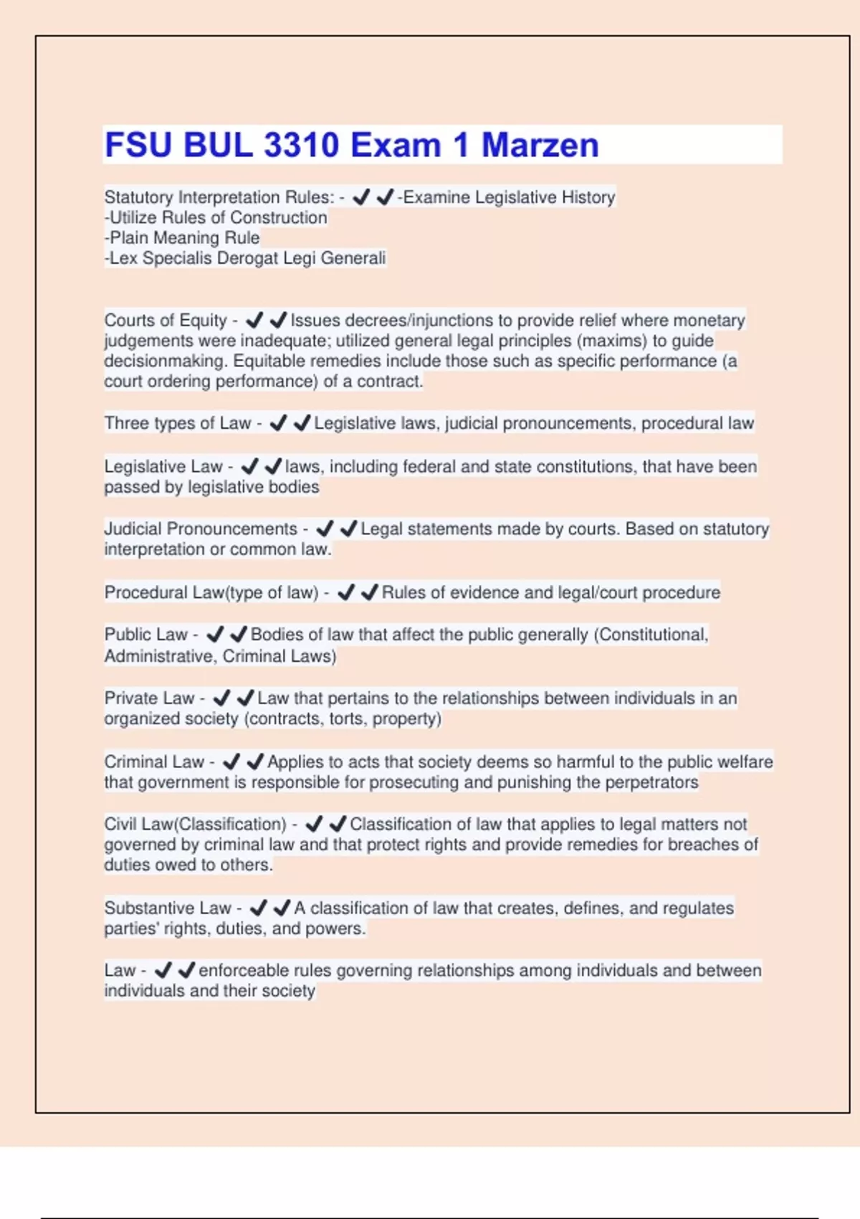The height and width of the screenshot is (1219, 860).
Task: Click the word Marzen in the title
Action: [x=540, y=145]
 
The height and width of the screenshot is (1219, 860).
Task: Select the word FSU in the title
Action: [x=140, y=145]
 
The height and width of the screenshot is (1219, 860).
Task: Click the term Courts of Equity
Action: [x=166, y=320]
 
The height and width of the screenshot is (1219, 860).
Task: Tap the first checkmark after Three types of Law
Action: [x=278, y=423]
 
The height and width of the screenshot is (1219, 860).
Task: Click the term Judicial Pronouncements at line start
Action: [x=201, y=528]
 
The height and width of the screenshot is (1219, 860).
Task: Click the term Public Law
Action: [x=146, y=635]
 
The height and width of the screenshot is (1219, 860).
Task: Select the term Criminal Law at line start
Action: [x=154, y=762]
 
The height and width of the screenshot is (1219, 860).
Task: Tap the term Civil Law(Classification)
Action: [x=195, y=824]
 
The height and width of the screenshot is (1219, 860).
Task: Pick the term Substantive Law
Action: [x=168, y=908]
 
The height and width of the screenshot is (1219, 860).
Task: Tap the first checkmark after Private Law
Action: [x=221, y=698]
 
